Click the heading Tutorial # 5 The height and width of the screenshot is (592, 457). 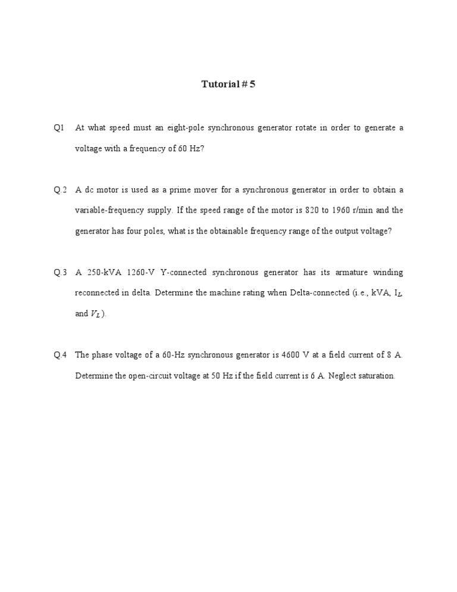[x=228, y=85]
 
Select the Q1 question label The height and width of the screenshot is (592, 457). [x=58, y=127]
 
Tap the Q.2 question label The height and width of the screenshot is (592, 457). [x=60, y=190]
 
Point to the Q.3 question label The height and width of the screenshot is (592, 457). [x=60, y=272]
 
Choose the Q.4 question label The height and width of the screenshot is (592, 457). [x=60, y=355]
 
